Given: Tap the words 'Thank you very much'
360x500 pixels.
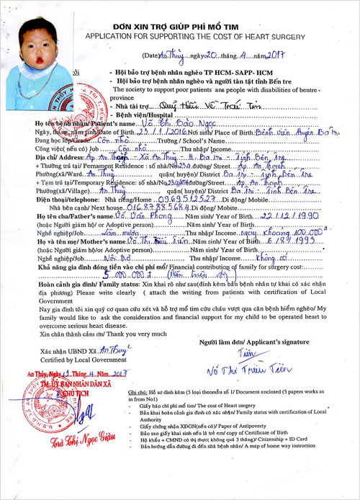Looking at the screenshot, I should click(97, 336).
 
